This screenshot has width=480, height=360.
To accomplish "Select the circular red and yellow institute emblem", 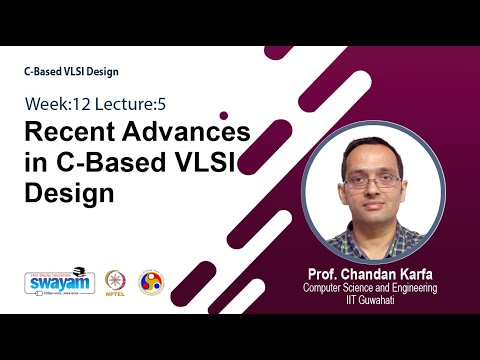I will (150, 283).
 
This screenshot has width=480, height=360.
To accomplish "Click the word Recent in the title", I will (68, 132).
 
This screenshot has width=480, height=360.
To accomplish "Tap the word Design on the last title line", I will (66, 192).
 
